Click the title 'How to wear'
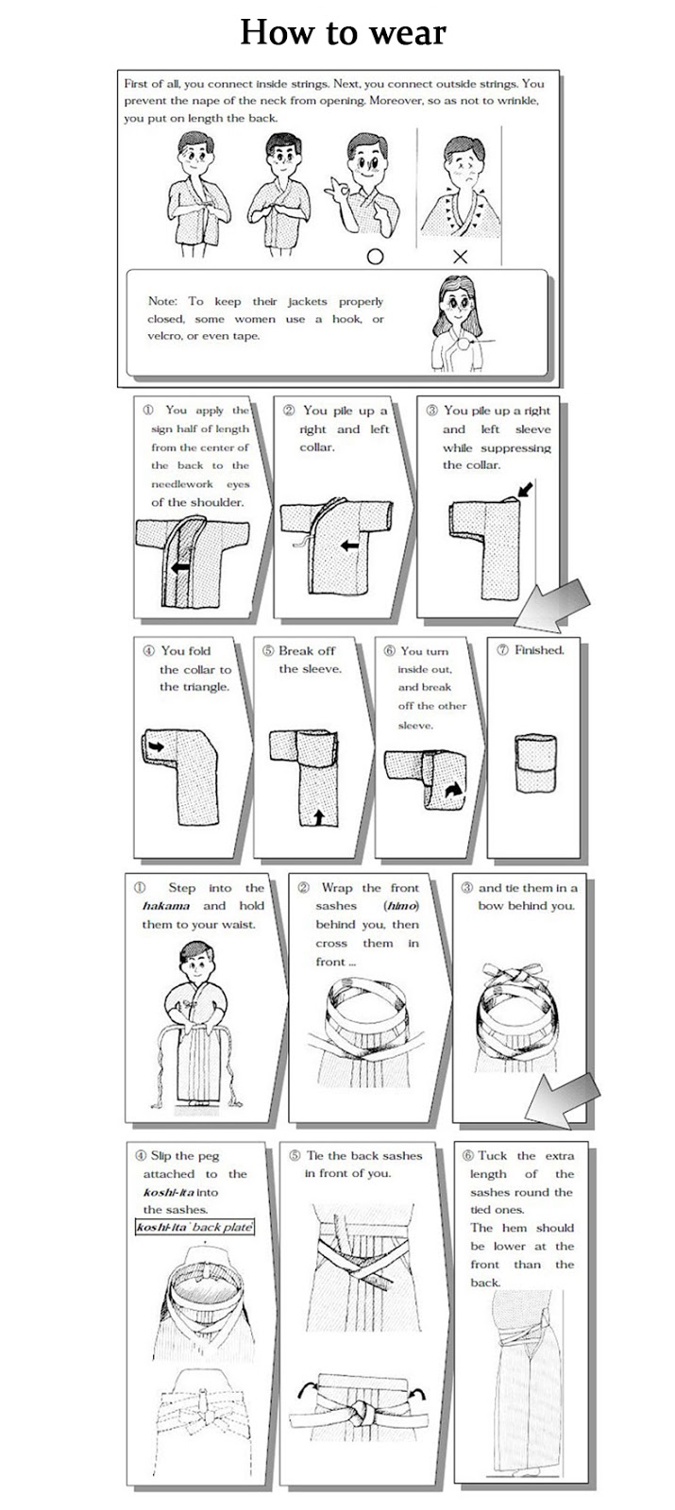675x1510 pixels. pos(343,33)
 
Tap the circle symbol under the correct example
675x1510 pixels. pos(375,256)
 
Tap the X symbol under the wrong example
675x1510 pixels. pos(460,256)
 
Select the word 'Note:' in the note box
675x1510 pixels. pos(162,301)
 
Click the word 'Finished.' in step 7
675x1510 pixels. pos(538,650)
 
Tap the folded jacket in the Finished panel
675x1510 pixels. pos(535,765)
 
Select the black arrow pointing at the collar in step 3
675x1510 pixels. pos(525,491)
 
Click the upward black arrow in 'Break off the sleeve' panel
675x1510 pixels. pos(318,815)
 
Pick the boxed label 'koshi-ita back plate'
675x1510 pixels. pos(194,1228)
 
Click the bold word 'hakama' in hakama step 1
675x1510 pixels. pos(165,906)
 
